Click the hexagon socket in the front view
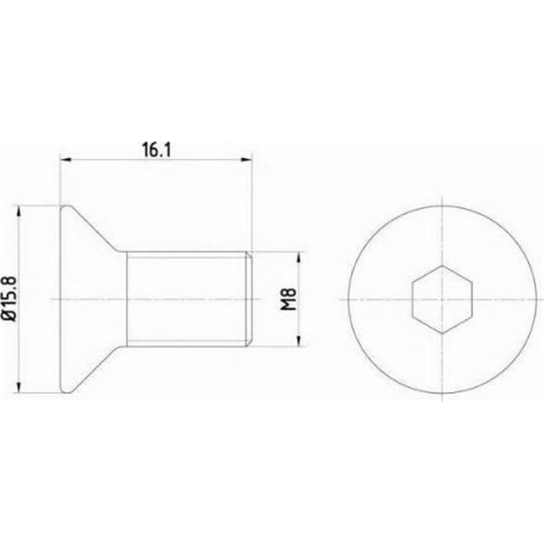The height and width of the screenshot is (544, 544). (x=441, y=299)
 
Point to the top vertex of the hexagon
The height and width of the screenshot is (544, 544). (x=441, y=266)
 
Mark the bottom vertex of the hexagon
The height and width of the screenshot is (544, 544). (x=441, y=333)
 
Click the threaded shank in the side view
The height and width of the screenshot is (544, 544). (x=187, y=299)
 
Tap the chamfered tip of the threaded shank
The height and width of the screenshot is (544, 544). (x=250, y=299)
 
